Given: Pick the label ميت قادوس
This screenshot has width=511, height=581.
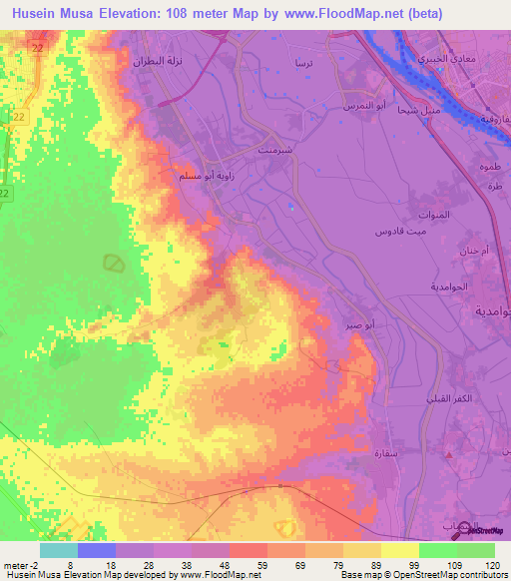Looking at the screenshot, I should tap(393, 232).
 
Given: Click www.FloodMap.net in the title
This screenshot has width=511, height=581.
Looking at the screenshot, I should tap(343, 14).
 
